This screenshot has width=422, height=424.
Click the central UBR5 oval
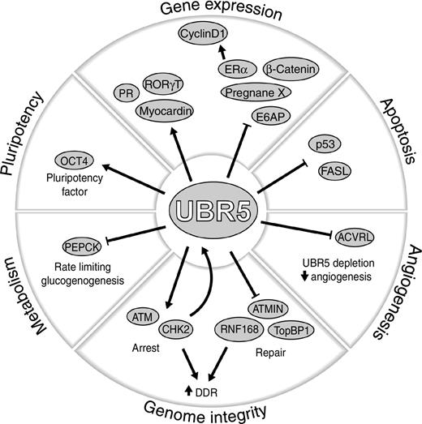coord(210,212)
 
